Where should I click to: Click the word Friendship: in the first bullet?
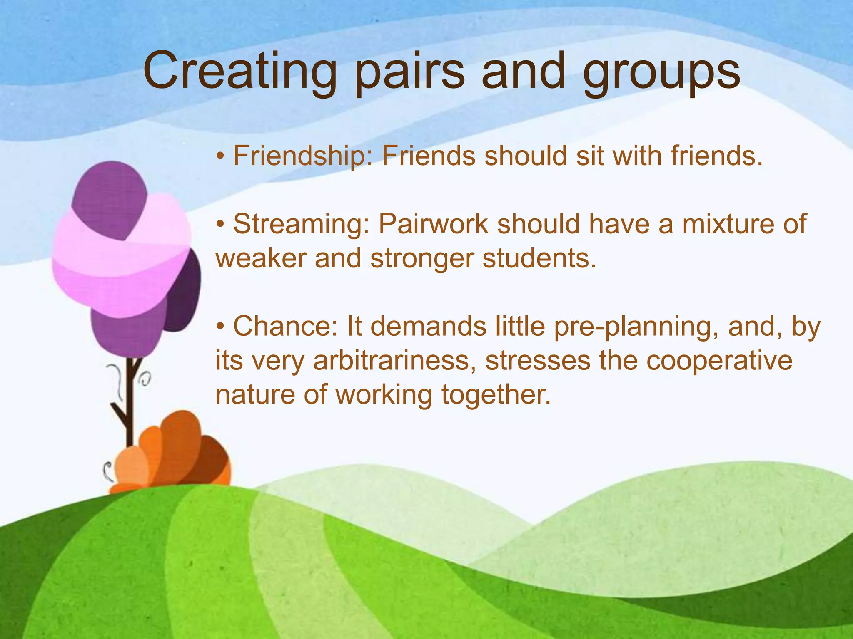302,156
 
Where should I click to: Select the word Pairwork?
433,224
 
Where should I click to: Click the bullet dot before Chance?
221,327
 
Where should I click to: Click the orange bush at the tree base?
175,453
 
